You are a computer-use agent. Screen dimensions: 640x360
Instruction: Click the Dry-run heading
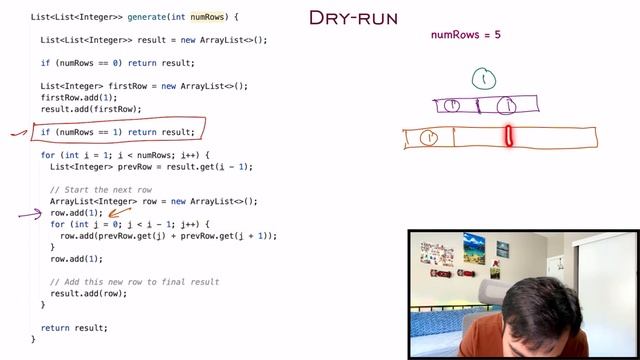pyautogui.click(x=353, y=18)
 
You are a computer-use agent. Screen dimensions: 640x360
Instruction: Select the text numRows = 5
pyautogui.click(x=465, y=35)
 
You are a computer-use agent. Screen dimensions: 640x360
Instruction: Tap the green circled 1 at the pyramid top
pyautogui.click(x=484, y=78)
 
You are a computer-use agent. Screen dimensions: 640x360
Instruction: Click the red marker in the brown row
pyautogui.click(x=509, y=136)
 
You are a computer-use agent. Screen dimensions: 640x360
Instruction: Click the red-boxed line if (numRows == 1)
pyautogui.click(x=117, y=132)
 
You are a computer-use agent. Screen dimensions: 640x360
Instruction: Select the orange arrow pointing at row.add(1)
pyautogui.click(x=122, y=211)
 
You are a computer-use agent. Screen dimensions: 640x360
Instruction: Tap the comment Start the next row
pyautogui.click(x=101, y=190)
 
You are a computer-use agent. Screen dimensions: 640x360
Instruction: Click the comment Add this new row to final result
pyautogui.click(x=135, y=282)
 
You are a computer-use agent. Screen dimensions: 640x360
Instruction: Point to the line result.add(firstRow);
pyautogui.click(x=91, y=109)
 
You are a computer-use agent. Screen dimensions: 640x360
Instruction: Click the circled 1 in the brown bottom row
pyautogui.click(x=428, y=138)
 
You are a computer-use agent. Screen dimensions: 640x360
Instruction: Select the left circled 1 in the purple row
pyautogui.click(x=451, y=104)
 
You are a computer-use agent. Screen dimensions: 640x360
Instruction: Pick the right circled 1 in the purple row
pyautogui.click(x=507, y=104)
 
